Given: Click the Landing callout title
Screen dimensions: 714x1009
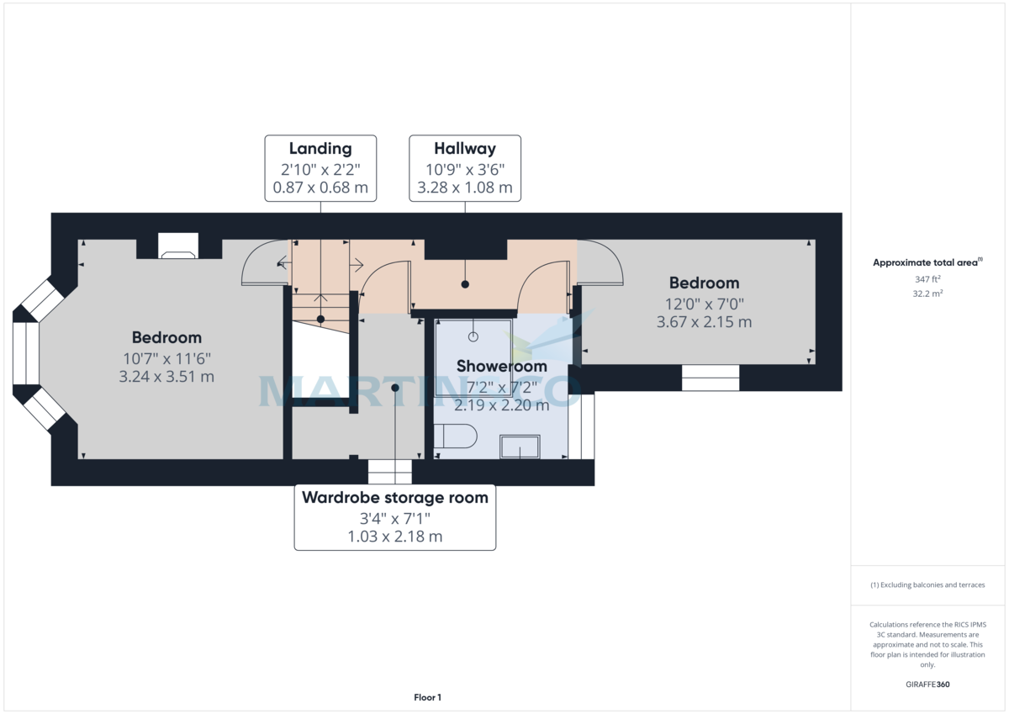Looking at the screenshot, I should click(x=320, y=149).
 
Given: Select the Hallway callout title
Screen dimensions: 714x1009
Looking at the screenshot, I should click(x=465, y=149).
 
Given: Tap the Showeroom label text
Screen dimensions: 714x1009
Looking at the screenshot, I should click(x=501, y=366).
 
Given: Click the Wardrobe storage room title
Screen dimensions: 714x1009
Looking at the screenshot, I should click(x=395, y=497).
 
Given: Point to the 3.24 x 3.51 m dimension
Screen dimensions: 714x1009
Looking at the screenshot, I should click(x=166, y=377).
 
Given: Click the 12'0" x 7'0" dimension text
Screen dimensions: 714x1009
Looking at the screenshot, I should click(x=704, y=304).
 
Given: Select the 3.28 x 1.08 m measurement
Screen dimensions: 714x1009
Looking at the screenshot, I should click(x=465, y=188).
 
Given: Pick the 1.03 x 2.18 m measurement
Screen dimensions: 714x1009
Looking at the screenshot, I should click(x=395, y=536).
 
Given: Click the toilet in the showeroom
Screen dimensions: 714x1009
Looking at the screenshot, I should click(x=454, y=436).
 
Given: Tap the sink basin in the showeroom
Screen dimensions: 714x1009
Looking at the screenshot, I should click(x=520, y=447).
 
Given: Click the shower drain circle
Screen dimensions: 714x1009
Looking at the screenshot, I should click(x=473, y=336).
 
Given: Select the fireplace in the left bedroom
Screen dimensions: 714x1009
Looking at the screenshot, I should click(x=178, y=246).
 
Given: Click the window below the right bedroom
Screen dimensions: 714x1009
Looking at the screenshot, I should click(x=711, y=378).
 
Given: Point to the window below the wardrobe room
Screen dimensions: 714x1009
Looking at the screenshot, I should click(x=390, y=472).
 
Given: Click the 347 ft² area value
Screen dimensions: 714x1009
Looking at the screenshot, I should click(x=927, y=278).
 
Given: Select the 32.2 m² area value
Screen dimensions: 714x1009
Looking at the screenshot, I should click(x=927, y=294).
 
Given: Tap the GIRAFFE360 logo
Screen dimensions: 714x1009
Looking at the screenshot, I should click(x=927, y=685).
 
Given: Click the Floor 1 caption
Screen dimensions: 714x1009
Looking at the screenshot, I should click(x=427, y=697).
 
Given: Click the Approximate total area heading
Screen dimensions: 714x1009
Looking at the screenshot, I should click(x=925, y=262).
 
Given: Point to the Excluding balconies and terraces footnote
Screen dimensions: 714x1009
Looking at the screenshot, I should click(x=927, y=584).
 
